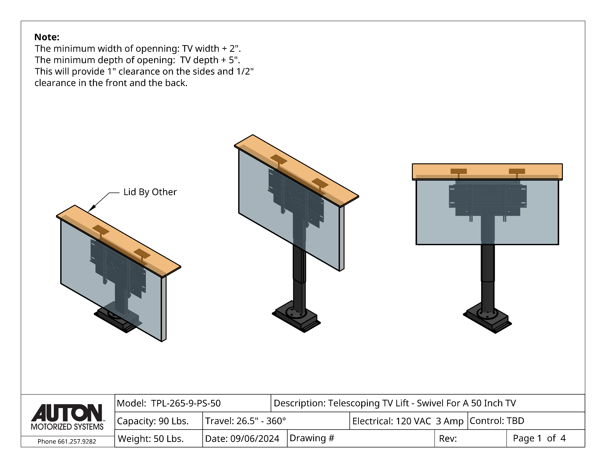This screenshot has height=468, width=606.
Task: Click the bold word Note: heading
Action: click(47, 37)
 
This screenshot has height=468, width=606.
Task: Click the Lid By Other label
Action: click(150, 192)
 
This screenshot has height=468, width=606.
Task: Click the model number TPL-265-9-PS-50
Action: click(186, 403)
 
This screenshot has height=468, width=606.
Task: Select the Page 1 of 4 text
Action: click(539, 438)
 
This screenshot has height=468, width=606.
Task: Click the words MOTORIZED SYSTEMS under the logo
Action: click(67, 427)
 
